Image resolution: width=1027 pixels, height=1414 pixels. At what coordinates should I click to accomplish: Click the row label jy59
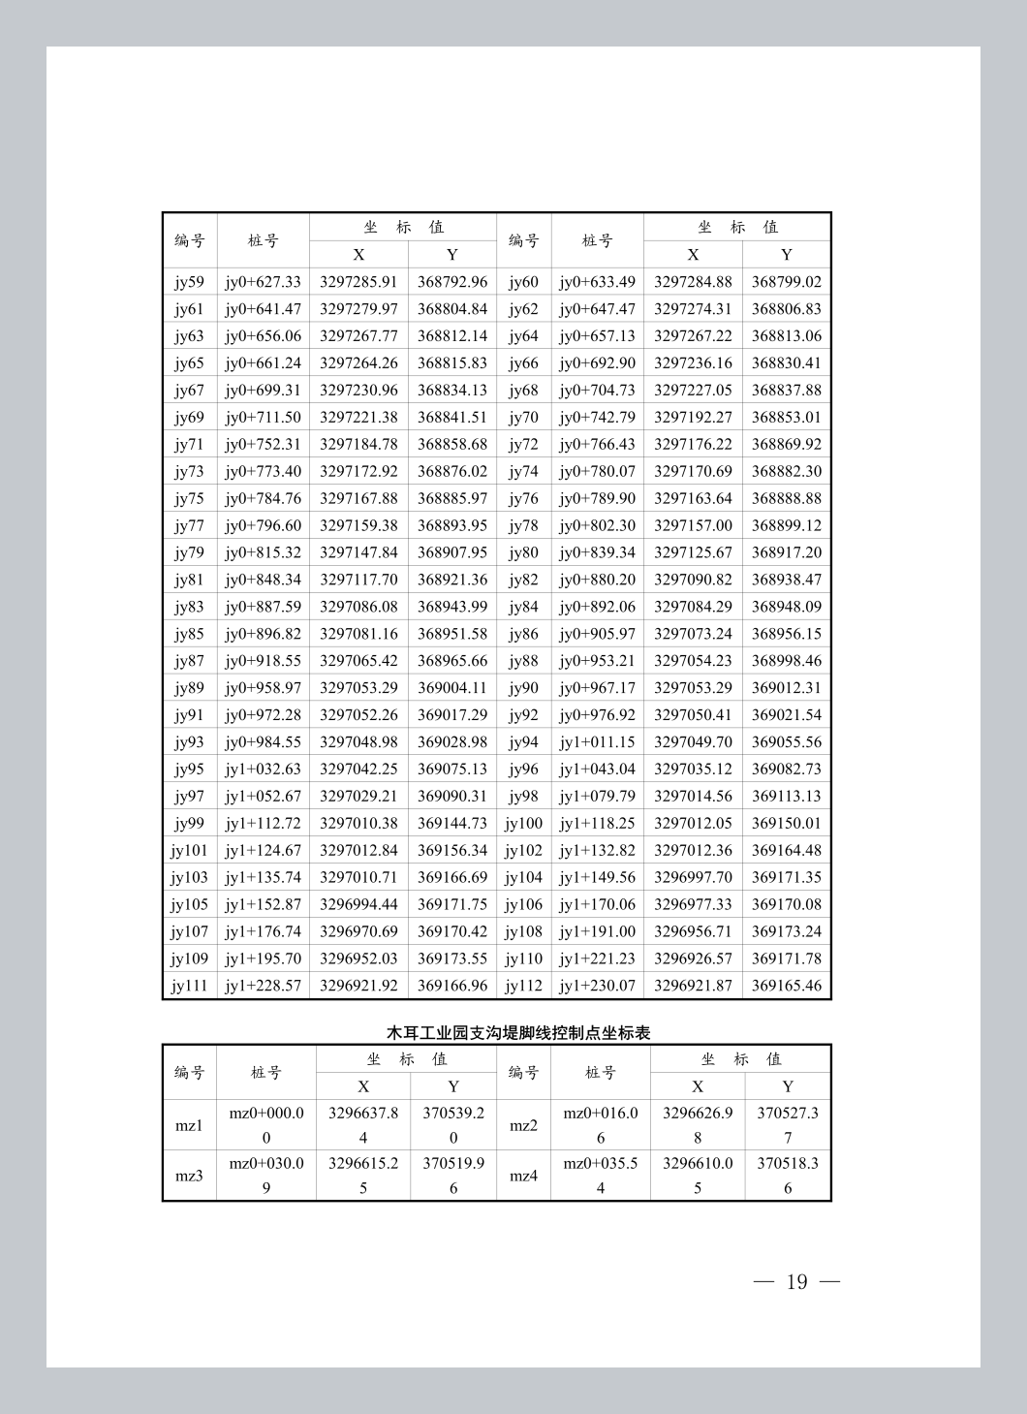[189, 282]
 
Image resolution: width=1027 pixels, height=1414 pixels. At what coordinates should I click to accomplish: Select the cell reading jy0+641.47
[263, 309]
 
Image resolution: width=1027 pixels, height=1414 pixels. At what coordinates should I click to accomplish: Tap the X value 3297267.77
[358, 336]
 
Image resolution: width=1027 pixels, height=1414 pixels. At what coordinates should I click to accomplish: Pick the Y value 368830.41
[786, 363]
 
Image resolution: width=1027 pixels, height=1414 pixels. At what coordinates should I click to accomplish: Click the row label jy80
[523, 552]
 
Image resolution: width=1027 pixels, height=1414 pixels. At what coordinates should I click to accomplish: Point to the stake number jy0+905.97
[597, 634]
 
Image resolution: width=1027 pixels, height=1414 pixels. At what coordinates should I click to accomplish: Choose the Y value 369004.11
[451, 688]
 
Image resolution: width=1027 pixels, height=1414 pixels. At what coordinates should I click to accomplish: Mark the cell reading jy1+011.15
[597, 742]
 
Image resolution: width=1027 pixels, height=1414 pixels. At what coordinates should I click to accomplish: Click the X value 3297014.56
[693, 797]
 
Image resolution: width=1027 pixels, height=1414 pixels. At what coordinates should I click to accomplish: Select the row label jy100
[523, 824]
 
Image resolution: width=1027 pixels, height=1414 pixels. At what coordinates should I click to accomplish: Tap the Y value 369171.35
[786, 878]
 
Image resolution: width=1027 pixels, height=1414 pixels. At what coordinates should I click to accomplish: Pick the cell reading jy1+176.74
[263, 932]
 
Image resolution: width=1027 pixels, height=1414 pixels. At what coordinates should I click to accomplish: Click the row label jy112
[523, 987]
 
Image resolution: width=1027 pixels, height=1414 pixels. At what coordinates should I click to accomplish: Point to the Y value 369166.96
[451, 987]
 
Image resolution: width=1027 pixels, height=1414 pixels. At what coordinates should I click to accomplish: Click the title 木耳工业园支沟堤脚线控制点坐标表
[518, 1033]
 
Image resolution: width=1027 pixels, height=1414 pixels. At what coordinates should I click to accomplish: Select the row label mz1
[189, 1126]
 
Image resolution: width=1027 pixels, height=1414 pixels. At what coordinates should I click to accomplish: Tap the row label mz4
[523, 1177]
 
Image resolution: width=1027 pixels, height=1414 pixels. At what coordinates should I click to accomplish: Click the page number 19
[796, 1282]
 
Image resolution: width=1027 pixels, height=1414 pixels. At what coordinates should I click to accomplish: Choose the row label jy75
[189, 498]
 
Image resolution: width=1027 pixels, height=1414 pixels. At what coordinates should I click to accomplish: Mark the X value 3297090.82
[693, 580]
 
